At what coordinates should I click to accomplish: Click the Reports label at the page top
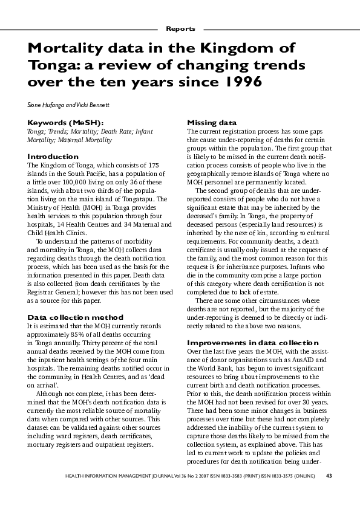point(180,28)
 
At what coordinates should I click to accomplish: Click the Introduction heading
point(53,157)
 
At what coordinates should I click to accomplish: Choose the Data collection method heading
point(76,317)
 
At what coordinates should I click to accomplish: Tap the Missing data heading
point(212,123)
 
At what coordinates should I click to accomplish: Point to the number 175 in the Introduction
point(153,165)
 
